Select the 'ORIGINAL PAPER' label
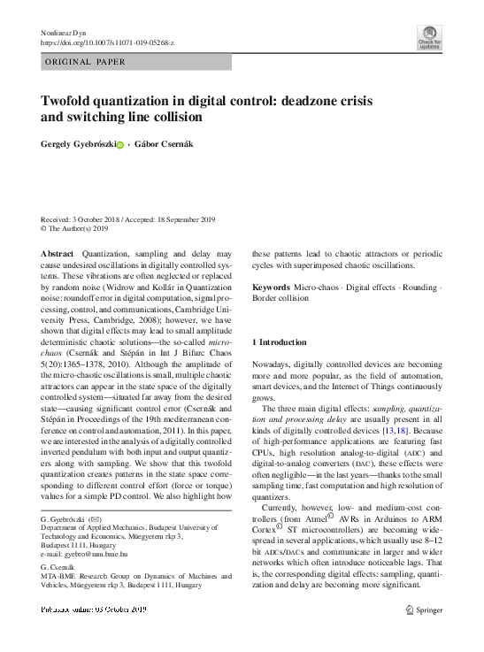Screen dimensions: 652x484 pos(84,62)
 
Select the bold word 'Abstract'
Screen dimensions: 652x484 pos(58,253)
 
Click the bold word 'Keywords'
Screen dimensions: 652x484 pos(271,288)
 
